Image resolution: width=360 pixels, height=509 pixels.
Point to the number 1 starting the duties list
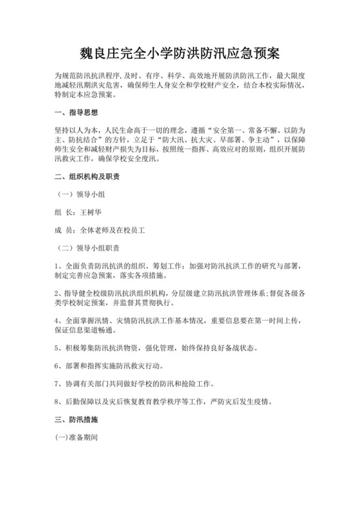point(57,265)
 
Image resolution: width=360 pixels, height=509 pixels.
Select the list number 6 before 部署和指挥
point(57,366)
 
